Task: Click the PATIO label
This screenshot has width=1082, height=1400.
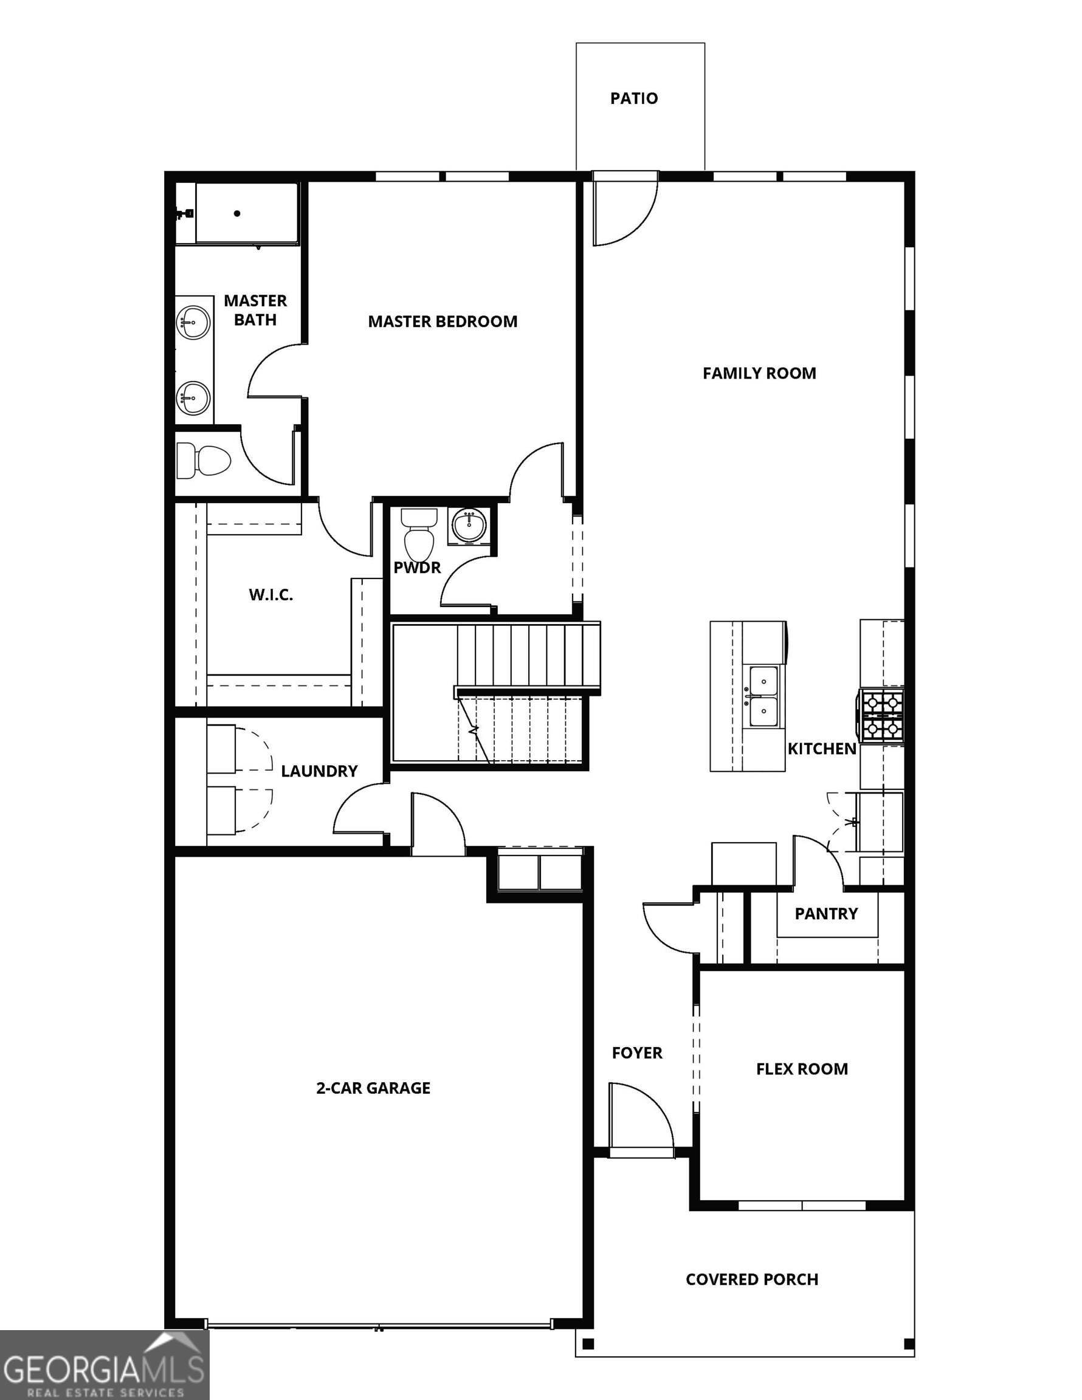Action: pos(633,98)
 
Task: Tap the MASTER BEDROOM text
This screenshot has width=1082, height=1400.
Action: pos(443,321)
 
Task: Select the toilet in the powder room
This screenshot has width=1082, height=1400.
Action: pos(419,534)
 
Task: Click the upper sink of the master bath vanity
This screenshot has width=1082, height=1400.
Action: pos(193,321)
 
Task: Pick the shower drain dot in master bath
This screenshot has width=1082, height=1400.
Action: pos(237,213)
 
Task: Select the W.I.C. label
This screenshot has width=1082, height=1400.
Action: pos(270,595)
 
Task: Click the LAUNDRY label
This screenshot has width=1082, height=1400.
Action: pos(319,771)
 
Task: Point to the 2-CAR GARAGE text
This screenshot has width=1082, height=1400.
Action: pos(373,1088)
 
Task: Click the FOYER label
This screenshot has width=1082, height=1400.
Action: pos(637,1052)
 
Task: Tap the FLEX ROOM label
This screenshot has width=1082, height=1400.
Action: pos(802,1069)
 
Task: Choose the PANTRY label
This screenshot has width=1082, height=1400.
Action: pos(826,913)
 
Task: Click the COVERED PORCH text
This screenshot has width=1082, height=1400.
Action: pos(752,1280)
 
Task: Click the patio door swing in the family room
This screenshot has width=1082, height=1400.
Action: pos(622,208)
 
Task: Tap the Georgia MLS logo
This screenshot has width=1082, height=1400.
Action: pos(105,1365)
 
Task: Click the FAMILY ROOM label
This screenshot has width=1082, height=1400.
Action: pos(759,373)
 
